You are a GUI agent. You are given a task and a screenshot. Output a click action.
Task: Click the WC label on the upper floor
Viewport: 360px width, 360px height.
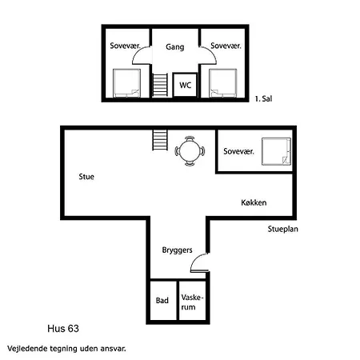186,86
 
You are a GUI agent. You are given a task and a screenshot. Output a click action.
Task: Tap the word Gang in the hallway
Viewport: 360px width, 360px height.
175,47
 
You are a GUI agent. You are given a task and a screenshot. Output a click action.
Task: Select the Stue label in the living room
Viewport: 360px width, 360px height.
86,177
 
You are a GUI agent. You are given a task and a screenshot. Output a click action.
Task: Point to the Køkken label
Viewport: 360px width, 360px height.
254,202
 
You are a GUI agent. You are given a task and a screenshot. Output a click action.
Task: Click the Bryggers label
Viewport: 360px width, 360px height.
177,250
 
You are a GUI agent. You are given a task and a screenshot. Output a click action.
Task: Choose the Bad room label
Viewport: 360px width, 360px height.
162,301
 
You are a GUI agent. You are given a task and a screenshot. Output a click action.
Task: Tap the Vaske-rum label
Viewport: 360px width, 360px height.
192,302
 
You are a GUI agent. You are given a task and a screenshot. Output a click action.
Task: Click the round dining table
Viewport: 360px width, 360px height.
190,151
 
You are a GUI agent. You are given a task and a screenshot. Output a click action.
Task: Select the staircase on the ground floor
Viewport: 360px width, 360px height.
160,140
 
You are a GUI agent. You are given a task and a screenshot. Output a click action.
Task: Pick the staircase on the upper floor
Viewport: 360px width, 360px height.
160,85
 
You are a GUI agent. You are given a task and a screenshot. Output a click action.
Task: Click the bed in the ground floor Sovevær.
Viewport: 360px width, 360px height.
276,151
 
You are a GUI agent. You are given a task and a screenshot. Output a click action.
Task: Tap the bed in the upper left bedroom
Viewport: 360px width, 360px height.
126,83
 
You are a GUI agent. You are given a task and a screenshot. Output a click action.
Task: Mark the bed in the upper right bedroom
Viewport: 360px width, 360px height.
223,83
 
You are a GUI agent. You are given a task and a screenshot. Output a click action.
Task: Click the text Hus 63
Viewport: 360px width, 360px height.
63,329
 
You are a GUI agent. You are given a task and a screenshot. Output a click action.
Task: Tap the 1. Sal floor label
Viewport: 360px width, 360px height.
263,99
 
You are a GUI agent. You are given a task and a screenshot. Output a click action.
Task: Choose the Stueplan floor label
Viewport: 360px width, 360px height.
283,229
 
